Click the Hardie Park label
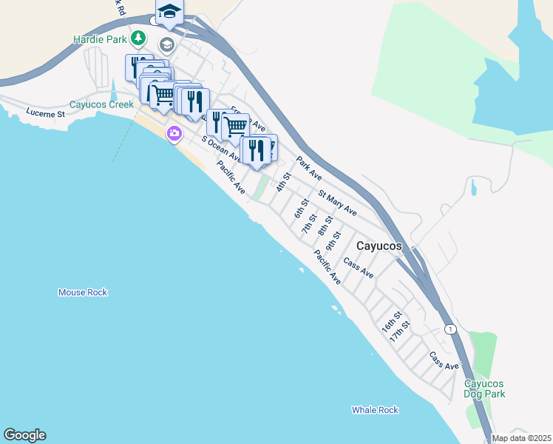coord(99,38)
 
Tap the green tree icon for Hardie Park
coord(137,38)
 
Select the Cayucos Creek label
coord(101,105)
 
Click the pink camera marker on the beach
coord(174,134)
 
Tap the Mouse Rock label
coord(83,292)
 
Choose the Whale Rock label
coord(375,410)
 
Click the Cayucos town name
coord(379,246)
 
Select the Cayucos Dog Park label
coord(484,388)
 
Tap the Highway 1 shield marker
coord(449,328)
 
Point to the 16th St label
coord(391,321)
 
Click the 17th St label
coord(400,330)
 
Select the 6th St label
coord(300,208)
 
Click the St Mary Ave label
coord(337,203)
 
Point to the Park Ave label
coord(309,169)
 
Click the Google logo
coord(24,435)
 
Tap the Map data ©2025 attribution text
coord(521,438)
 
